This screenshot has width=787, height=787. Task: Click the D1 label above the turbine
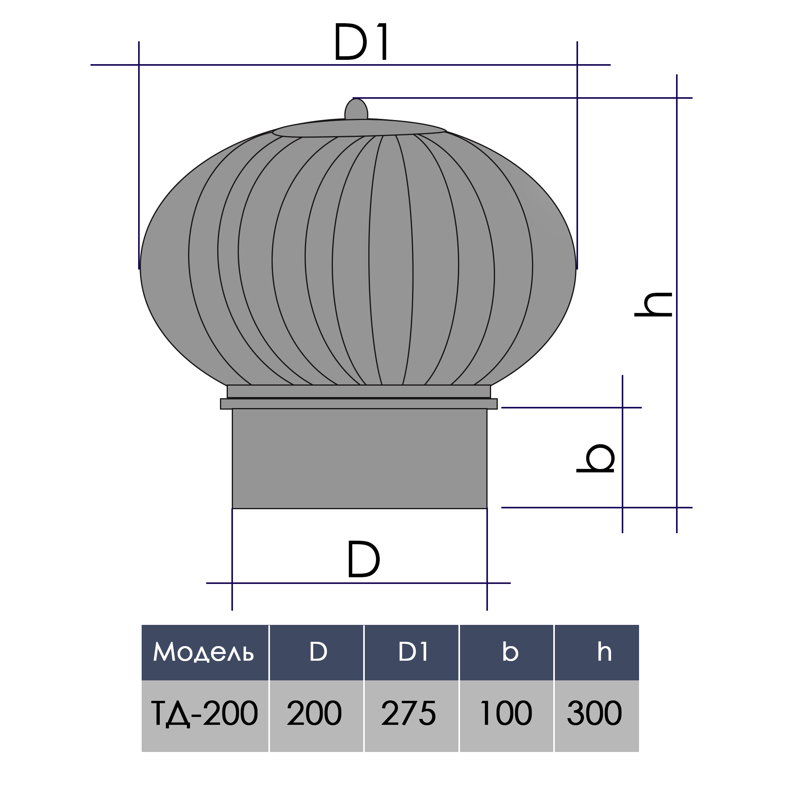click(x=361, y=42)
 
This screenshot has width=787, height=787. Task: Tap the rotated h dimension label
click(x=653, y=305)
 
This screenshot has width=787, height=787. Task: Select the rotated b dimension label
click(x=595, y=458)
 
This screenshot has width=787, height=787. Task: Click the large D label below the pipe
click(x=363, y=559)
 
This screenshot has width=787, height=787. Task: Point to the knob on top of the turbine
click(x=356, y=109)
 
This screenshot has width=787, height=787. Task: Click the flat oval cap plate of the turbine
click(x=359, y=128)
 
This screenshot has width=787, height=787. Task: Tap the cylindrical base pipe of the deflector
click(x=359, y=458)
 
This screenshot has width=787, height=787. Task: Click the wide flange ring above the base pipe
click(x=358, y=404)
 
